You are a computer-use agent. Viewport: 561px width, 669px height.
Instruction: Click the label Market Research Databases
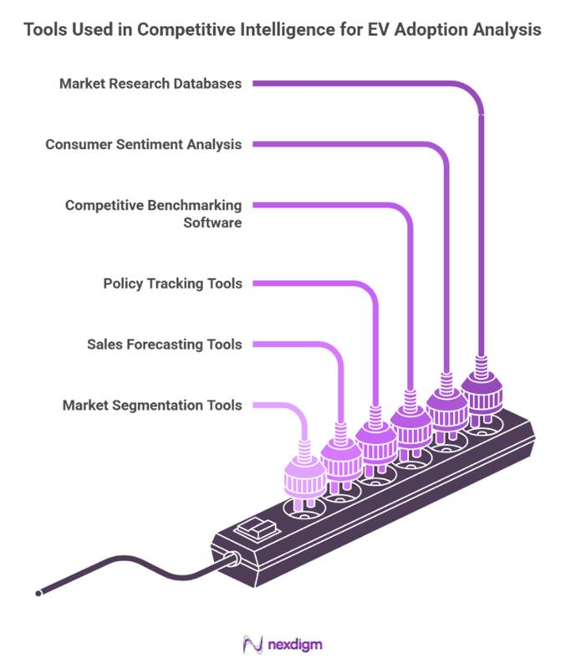click(x=150, y=84)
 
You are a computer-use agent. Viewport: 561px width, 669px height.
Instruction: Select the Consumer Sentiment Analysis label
click(x=143, y=144)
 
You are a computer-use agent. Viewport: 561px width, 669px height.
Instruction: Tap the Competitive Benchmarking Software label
click(x=154, y=213)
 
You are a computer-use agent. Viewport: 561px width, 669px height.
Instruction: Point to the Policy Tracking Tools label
click(x=172, y=283)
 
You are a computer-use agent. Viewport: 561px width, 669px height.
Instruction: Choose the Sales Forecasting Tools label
click(x=165, y=344)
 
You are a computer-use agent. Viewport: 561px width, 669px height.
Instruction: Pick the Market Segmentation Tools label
click(x=152, y=406)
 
